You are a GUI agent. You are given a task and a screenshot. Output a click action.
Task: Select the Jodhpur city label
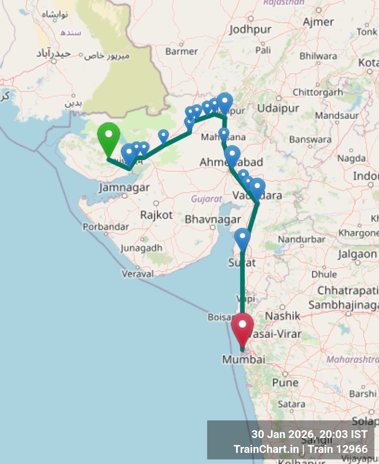pos(250,29)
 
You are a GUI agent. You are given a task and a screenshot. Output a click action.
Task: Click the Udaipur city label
pos(278,108)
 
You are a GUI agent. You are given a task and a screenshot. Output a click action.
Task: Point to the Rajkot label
pos(156,215)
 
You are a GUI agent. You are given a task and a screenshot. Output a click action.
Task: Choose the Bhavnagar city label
pos(213,219)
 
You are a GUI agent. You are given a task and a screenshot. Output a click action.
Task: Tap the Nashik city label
pos(282,316)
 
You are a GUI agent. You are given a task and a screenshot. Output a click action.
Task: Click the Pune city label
pos(285,383)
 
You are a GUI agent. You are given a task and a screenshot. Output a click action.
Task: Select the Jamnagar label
pos(124,187)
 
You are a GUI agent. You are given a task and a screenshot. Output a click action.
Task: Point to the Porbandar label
pos(106,227)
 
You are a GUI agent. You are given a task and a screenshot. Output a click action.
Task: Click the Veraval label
pos(137,274)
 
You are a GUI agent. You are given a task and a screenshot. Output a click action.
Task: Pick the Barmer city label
pos(181,51)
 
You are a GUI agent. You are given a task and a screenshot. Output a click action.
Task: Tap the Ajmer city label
pos(318,22)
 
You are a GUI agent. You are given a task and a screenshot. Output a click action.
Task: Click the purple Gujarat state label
pos(206,199)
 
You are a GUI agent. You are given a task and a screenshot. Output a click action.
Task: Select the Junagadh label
pos(141,248)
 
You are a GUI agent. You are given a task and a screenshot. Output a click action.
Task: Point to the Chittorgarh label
pos(318,92)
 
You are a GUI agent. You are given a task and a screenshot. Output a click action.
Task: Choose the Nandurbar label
pos(301,239)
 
